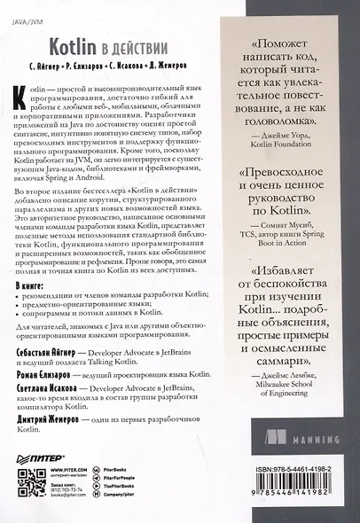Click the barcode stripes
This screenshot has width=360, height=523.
click(x=292, y=488)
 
